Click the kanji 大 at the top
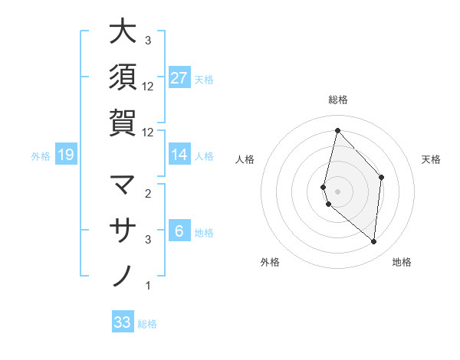(123, 32)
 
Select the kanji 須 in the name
(123, 77)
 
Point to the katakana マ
(123, 185)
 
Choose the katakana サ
(123, 229)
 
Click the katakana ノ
(123, 273)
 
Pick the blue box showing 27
(179, 78)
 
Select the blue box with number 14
(179, 155)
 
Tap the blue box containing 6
(179, 231)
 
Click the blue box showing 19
(66, 155)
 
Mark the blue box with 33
(123, 322)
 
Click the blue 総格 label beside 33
(147, 324)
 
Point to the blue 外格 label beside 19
(41, 156)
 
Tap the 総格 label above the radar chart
(337, 100)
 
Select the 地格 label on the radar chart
(402, 262)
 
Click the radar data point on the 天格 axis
(381, 177)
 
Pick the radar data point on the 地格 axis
(373, 242)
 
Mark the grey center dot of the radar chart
(337, 191)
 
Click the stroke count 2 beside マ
(148, 193)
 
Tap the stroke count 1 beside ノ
(148, 286)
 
